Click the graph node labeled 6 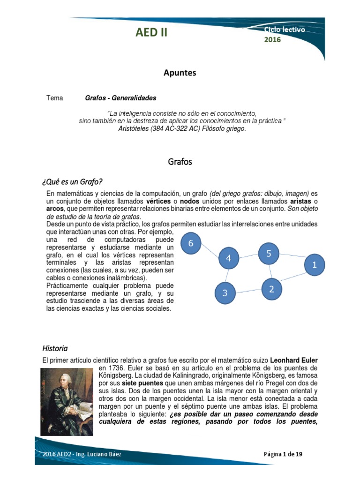pos(191,243)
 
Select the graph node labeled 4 pos(229,258)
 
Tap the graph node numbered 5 pos(269,254)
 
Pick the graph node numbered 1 pos(315,265)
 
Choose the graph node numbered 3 pos(225,293)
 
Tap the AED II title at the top pos(151,32)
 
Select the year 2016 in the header pos(272,40)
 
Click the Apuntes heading pos(180,73)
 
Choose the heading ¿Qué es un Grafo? pos(72,181)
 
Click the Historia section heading pos(55,348)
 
